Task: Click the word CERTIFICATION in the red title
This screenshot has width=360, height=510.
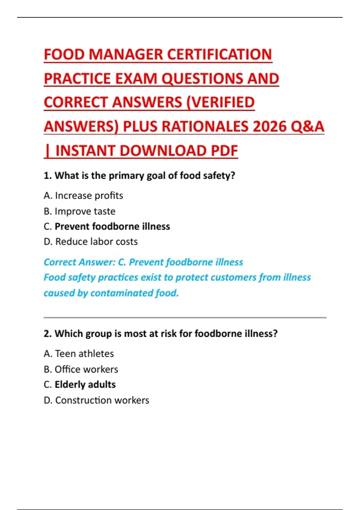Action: (x=219, y=55)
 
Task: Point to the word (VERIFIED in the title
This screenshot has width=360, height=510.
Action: (x=220, y=103)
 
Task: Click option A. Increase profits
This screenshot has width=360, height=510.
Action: (x=83, y=196)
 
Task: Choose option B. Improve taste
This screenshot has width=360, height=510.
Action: (x=79, y=211)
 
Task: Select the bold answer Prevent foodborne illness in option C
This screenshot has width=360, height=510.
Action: (x=112, y=226)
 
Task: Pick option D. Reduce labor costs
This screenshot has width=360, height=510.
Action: (x=91, y=241)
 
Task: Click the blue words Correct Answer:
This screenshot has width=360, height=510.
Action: (x=79, y=262)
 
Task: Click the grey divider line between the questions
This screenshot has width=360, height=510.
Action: (x=185, y=317)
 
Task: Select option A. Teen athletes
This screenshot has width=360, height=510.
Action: (x=79, y=354)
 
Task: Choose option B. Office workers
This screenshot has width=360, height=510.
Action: (x=81, y=369)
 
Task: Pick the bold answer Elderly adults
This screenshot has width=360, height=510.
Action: (x=85, y=385)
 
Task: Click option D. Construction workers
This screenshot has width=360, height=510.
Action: (x=96, y=400)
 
